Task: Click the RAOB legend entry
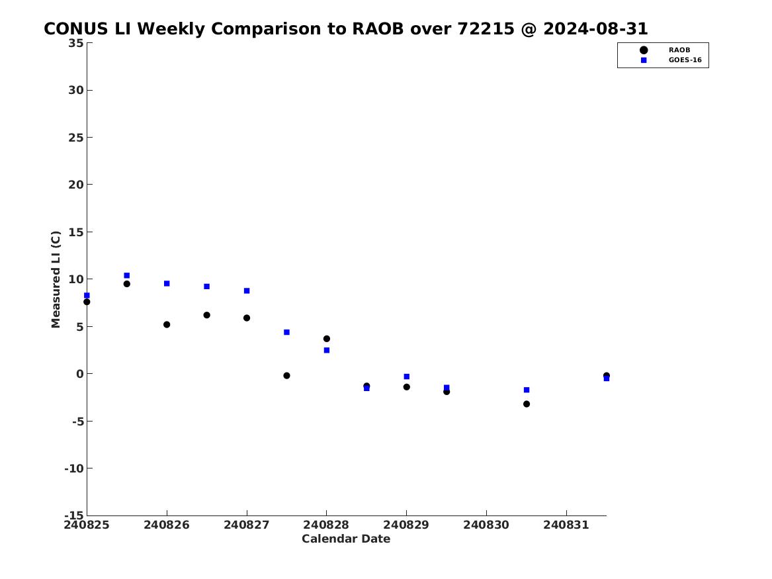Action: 665,50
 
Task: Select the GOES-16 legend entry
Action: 671,60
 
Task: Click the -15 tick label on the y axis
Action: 74,515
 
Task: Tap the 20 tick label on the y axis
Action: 76,185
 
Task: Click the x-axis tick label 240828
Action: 326,525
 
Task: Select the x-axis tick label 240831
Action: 566,525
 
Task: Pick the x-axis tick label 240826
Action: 167,525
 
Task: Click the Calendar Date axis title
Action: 346,539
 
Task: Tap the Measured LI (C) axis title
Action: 56,279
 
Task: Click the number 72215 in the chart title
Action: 486,28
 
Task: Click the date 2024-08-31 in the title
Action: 595,28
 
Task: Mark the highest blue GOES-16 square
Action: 126,276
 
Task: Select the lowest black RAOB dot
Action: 527,404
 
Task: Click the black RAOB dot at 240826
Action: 167,324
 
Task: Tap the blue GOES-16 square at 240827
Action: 247,291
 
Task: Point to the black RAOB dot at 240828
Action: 326,339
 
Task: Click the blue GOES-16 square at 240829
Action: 407,377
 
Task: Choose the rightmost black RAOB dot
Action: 606,376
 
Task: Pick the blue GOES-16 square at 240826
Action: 167,284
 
